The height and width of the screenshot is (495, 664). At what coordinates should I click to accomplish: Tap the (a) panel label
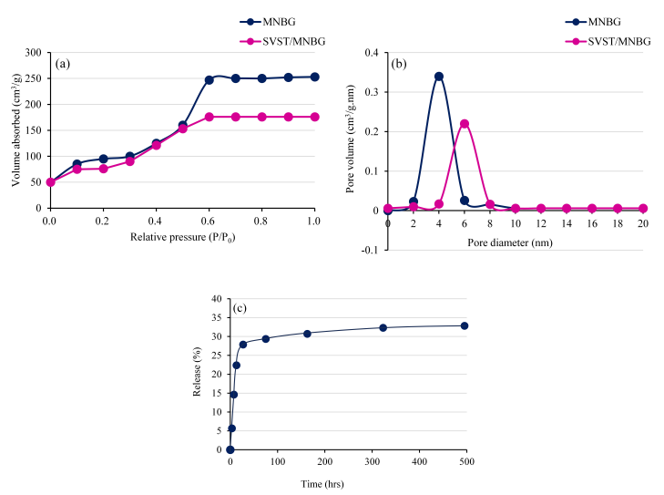[63, 64]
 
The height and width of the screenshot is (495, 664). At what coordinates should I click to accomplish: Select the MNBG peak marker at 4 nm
[439, 77]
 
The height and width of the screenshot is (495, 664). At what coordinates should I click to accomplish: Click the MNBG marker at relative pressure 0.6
[209, 80]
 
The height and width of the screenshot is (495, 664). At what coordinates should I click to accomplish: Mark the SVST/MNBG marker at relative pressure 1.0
[315, 117]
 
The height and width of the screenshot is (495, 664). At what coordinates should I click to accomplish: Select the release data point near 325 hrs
[383, 328]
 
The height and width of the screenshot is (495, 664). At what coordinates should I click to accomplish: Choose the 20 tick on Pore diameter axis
[642, 224]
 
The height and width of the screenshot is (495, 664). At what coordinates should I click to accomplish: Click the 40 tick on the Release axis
[216, 299]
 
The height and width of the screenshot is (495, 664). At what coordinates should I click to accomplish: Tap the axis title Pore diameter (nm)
[515, 243]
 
